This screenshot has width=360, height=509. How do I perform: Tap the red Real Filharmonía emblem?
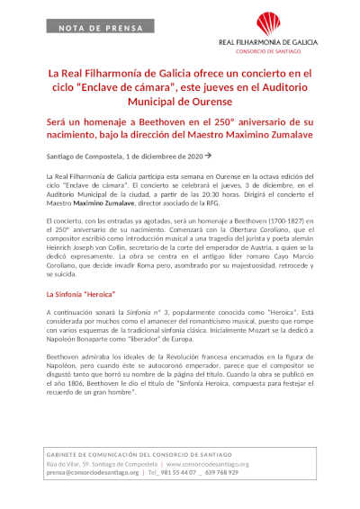coord(269,23)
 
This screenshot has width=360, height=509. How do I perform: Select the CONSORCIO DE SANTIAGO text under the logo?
coord(269,49)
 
